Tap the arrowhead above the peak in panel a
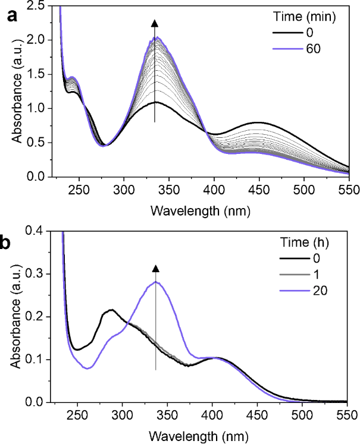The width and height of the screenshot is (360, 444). pos(155,23)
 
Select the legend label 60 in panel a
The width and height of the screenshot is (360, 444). pos(314,49)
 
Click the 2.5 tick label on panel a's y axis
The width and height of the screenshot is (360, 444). pos(38,6)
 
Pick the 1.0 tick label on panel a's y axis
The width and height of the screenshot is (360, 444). pos(38,109)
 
